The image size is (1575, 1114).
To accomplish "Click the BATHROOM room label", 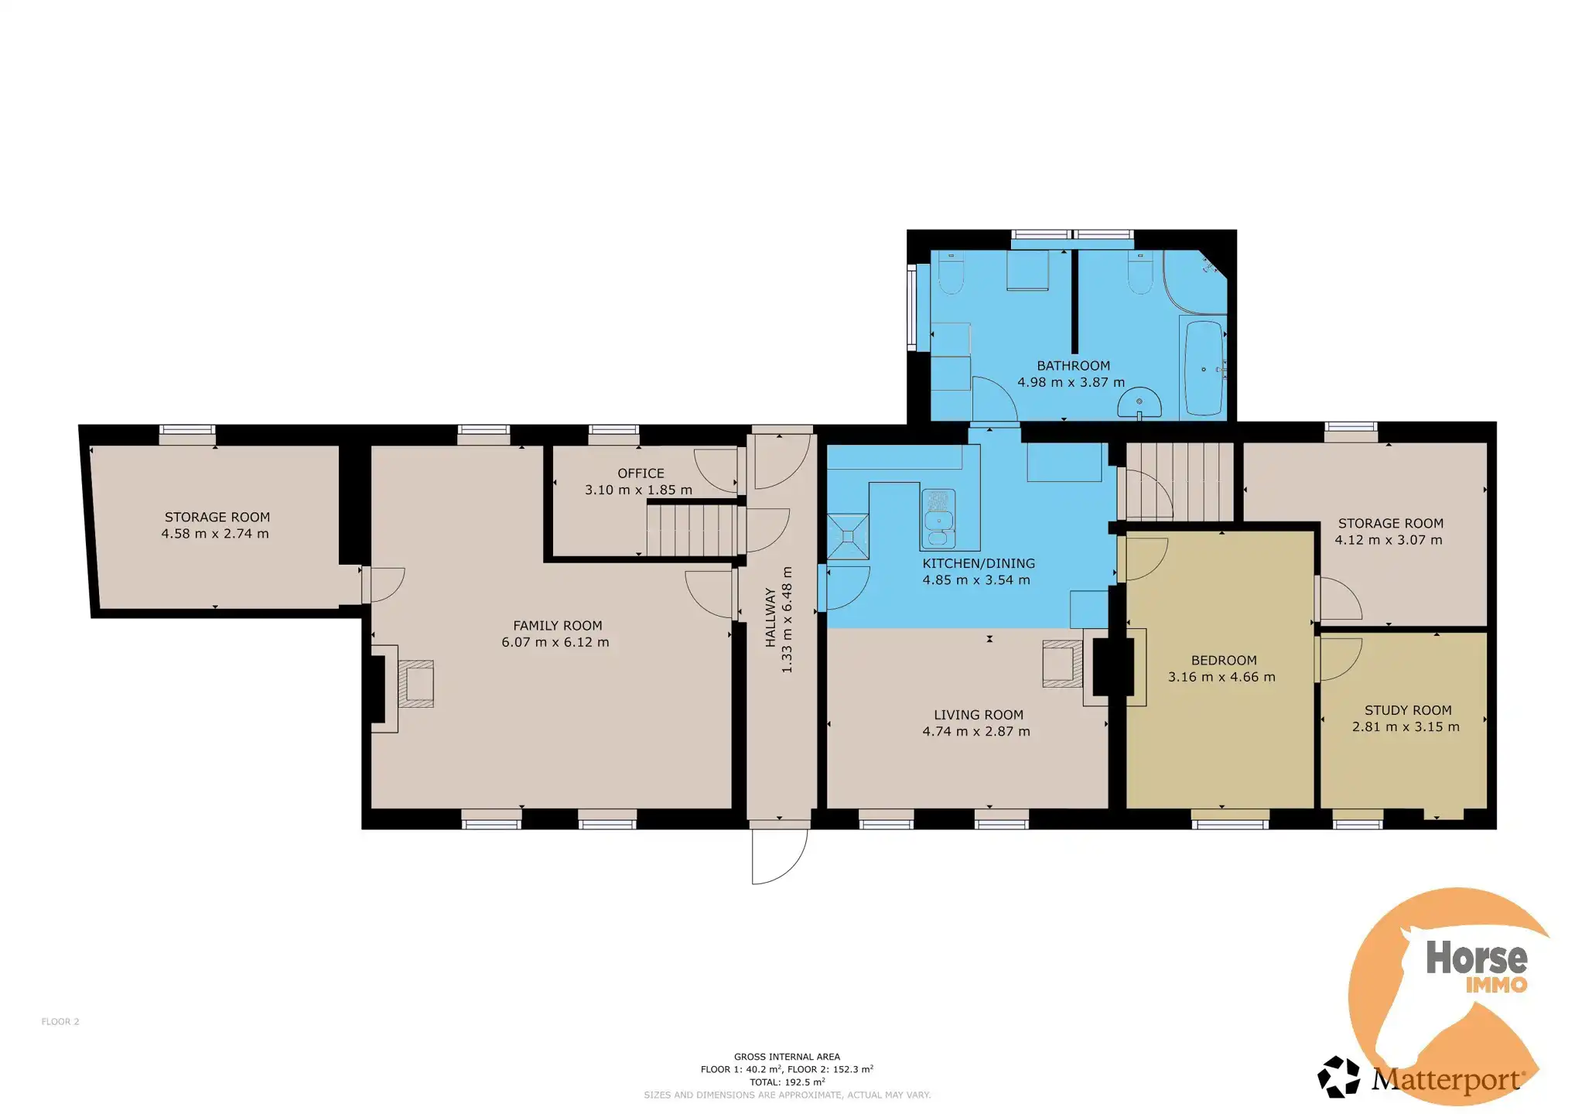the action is click(x=1073, y=366).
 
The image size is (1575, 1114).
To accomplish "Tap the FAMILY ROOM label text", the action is click(x=557, y=626).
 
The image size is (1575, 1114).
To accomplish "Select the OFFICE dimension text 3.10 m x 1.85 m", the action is click(x=638, y=490).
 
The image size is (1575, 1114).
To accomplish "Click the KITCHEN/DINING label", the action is click(x=979, y=564).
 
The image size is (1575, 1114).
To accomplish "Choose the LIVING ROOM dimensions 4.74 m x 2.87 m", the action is click(x=976, y=732).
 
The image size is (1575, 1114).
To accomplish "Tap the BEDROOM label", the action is click(x=1224, y=661).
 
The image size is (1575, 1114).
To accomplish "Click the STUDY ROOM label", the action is click(x=1408, y=710).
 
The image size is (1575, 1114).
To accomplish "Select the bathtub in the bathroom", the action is click(x=1204, y=368).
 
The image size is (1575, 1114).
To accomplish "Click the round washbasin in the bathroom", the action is click(x=1139, y=403).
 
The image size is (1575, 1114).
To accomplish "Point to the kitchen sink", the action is click(x=938, y=518).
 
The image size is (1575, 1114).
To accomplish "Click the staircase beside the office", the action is click(x=692, y=530).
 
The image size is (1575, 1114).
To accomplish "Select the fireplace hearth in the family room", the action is click(x=416, y=684).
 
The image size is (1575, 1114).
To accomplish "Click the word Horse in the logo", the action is click(x=1476, y=958).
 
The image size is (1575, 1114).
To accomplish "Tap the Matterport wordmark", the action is click(x=1447, y=1079).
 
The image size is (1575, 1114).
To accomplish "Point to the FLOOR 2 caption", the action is click(x=60, y=1022).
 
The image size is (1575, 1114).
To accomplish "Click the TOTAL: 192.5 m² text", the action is click(x=787, y=1082).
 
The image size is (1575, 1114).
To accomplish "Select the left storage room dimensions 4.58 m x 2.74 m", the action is click(x=215, y=534).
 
